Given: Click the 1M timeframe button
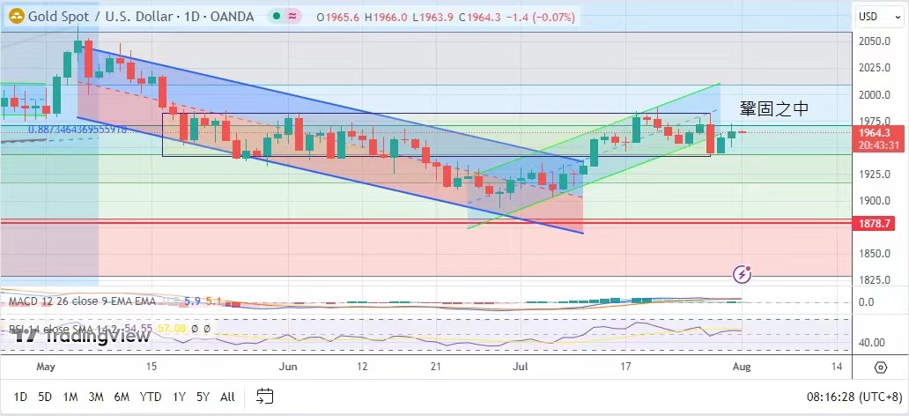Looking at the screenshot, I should point(70,397).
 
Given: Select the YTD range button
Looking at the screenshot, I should point(151,397).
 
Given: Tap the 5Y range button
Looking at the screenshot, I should point(203,397).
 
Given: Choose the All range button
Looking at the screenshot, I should point(227,397).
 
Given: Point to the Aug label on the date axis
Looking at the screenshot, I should point(741,365).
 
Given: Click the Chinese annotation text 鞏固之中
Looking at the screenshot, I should point(773,109).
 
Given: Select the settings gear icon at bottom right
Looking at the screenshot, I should point(881,367).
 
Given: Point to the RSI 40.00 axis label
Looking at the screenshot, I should point(872,343).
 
